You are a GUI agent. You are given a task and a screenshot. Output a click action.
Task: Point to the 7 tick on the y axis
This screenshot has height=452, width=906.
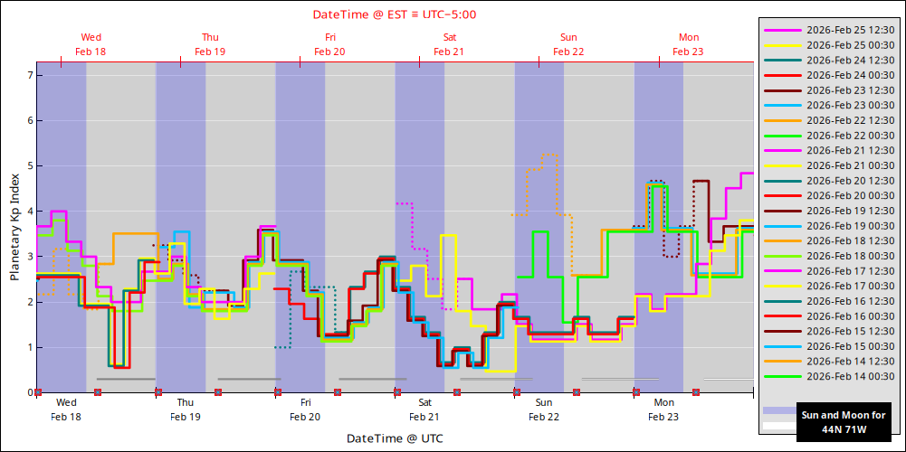click(x=31, y=76)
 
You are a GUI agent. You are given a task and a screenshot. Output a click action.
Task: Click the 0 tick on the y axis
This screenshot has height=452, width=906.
click(x=31, y=392)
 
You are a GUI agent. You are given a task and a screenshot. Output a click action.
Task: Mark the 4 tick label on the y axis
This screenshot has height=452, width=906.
click(x=31, y=212)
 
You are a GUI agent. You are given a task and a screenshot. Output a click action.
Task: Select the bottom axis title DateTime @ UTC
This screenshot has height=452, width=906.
click(x=395, y=438)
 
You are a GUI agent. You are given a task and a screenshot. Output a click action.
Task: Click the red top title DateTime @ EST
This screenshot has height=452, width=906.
click(x=395, y=14)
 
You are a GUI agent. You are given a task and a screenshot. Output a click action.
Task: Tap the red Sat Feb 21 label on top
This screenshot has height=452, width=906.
click(x=449, y=44)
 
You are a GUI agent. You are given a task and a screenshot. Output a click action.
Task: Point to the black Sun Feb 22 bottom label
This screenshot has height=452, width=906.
click(x=544, y=410)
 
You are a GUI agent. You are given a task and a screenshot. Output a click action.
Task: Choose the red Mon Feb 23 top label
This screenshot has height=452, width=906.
click(x=688, y=44)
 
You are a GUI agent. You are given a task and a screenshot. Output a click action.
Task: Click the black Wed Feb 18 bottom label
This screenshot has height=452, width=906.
click(x=66, y=410)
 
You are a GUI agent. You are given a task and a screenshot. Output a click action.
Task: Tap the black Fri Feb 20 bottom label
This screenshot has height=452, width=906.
click(x=305, y=410)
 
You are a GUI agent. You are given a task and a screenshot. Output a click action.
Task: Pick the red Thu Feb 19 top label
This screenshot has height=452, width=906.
click(x=210, y=44)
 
